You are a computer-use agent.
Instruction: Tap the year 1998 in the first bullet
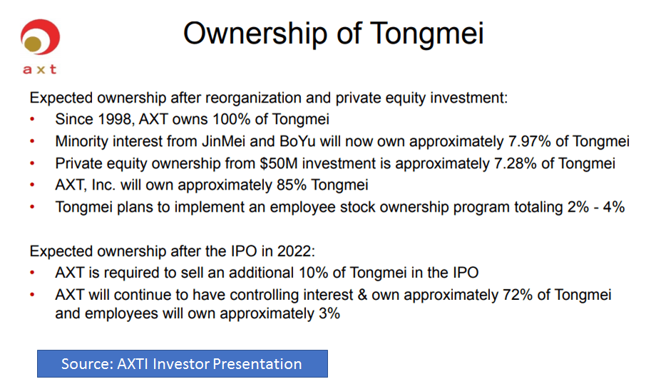pyautogui.click(x=113, y=120)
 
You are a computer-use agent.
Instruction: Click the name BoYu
pyautogui.click(x=297, y=141)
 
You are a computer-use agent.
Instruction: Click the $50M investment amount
pyautogui.click(x=279, y=163)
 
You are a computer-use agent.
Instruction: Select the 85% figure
pyautogui.click(x=292, y=185)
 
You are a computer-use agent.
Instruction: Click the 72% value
pyautogui.click(x=518, y=295)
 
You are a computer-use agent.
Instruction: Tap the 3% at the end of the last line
pyautogui.click(x=329, y=313)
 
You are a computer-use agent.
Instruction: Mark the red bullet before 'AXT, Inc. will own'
pyautogui.click(x=32, y=185)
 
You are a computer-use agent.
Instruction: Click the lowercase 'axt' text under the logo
pyautogui.click(x=39, y=69)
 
